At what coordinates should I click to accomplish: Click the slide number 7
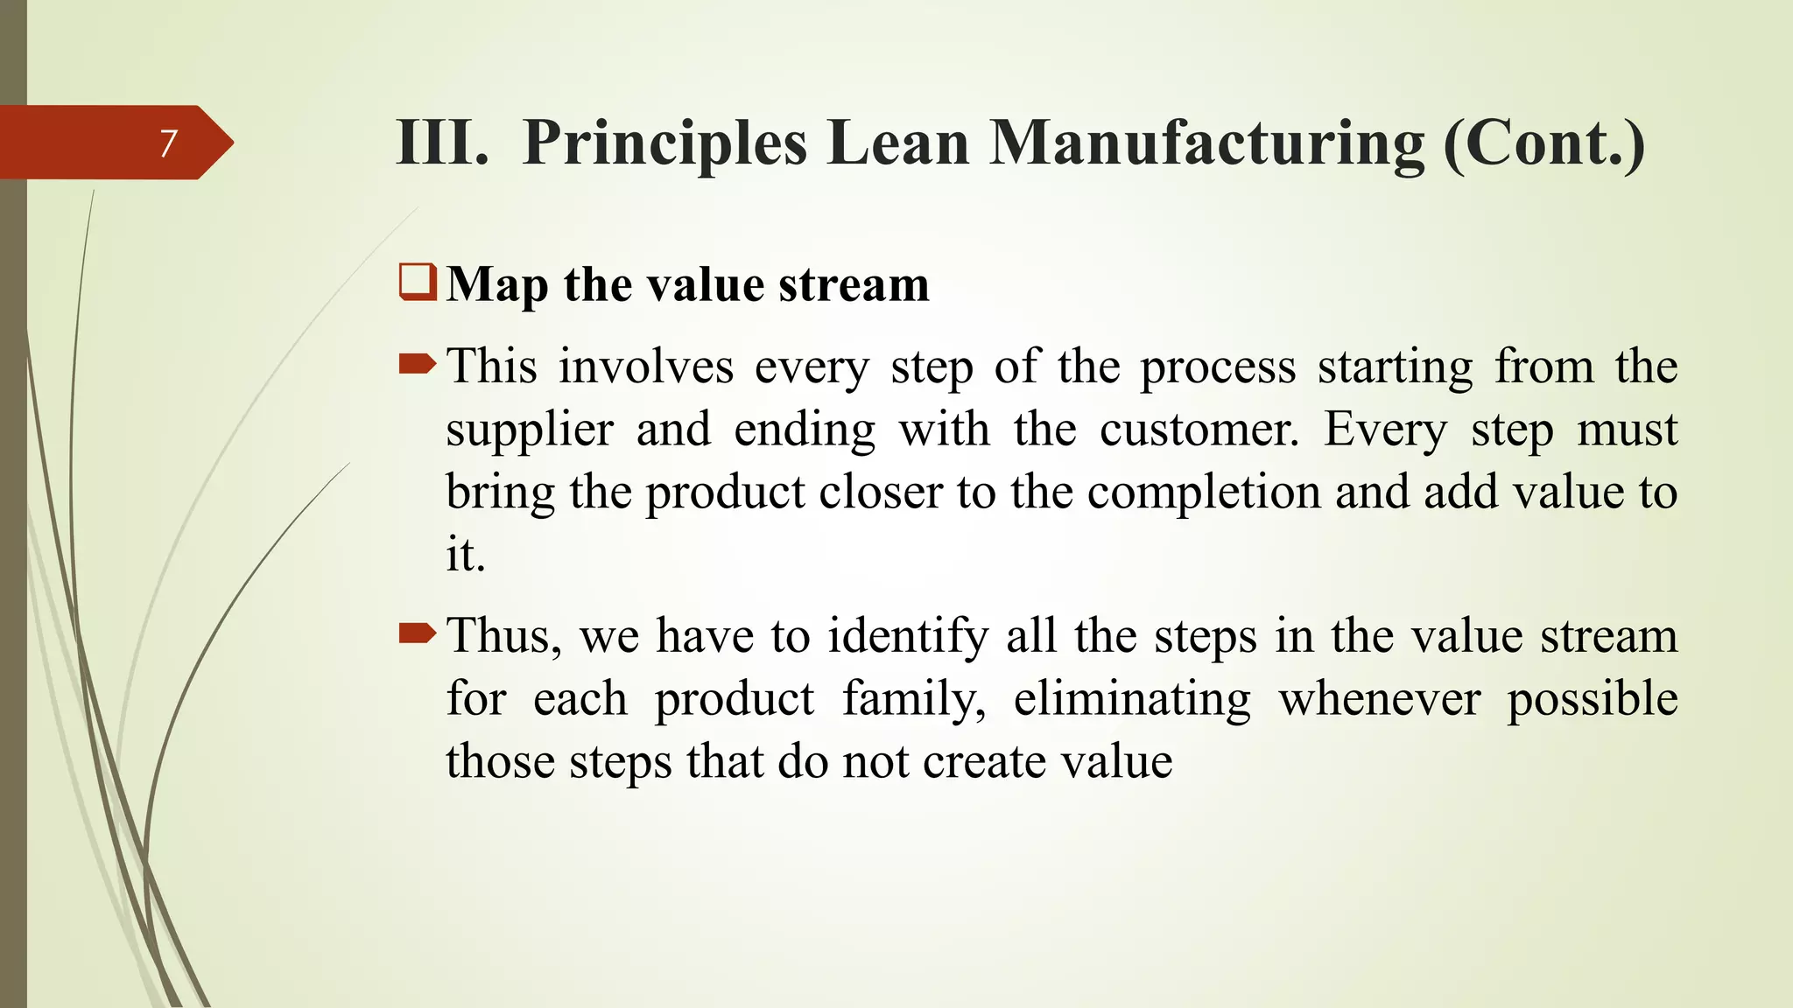coord(168,143)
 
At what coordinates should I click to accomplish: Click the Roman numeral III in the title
coord(442,143)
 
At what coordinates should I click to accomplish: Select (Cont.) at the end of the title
coord(1544,143)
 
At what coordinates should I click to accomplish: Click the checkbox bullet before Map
coord(418,283)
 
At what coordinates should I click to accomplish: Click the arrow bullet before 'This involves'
coord(417,364)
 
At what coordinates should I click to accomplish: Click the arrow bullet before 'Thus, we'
coord(417,633)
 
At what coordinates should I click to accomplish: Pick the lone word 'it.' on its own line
coord(465,555)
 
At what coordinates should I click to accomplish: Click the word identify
coord(908,636)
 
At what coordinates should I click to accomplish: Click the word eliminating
coord(1132,699)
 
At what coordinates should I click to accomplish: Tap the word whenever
coord(1379,699)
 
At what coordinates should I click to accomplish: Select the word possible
coord(1591,699)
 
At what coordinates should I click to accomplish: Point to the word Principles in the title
coord(664,143)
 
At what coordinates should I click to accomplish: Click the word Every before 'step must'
coord(1385,430)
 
